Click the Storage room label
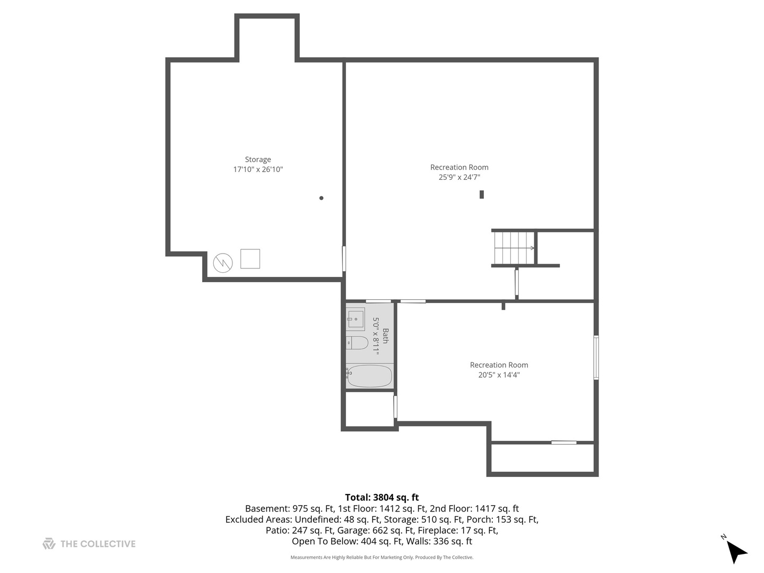coord(258,160)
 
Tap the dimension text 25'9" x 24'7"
coord(459,178)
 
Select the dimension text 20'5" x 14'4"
coord(499,375)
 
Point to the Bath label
coord(386,336)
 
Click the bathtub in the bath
coord(369,376)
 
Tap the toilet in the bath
coord(357,343)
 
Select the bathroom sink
coord(355,319)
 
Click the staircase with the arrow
coord(514,248)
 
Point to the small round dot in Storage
coord(321,198)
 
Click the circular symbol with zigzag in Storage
coord(223,263)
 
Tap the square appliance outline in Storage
coord(250,259)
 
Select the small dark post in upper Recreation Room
coord(482,194)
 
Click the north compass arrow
coord(735,551)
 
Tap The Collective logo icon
coord(49,544)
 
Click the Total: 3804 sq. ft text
coord(381,498)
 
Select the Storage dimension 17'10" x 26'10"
coord(258,170)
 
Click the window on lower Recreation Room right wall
coord(596,358)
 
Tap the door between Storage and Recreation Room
coord(344,258)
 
